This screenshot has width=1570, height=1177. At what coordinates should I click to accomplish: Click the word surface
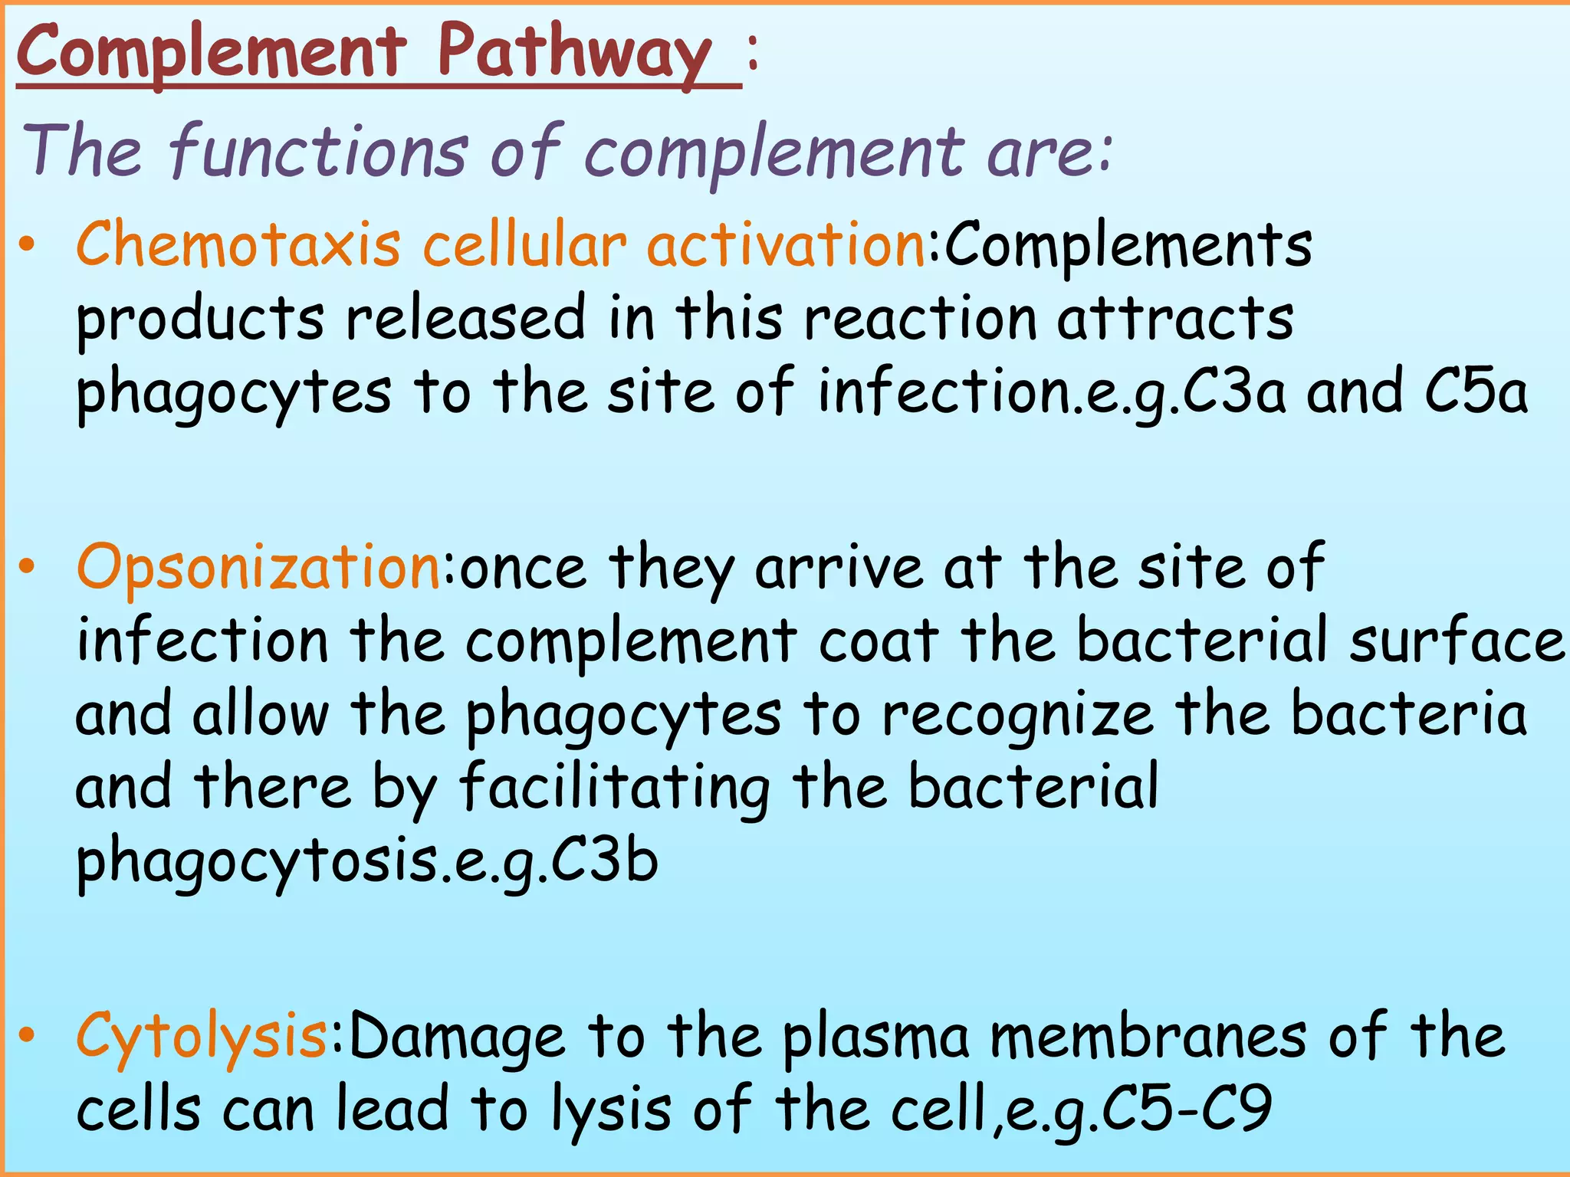[1457, 641]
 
